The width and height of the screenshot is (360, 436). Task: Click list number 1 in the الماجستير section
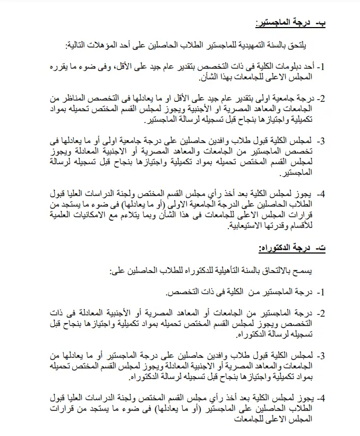(322, 68)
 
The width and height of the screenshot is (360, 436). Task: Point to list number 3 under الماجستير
(322, 141)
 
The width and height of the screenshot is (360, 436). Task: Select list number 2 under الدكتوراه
(322, 313)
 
